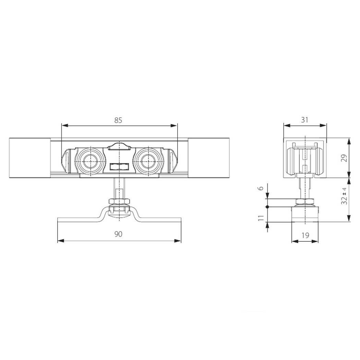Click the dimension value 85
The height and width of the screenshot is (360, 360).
pos(118,120)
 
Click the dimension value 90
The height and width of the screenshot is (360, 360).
pos(118,234)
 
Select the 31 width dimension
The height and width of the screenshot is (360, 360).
pos(304,120)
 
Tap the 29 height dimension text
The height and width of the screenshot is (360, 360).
pos(344,158)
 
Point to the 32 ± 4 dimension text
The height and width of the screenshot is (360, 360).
pos(344,196)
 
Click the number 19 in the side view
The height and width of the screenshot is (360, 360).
pos(305,235)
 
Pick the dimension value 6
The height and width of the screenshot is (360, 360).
pos(261,188)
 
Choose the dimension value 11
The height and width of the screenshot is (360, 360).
pos(261,218)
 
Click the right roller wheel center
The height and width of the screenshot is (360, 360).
pos(148,161)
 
